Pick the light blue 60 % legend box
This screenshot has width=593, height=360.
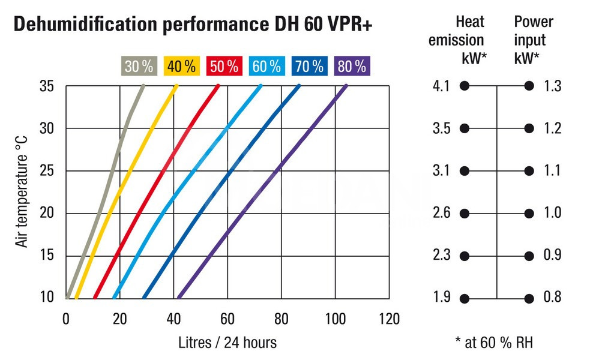point(267,66)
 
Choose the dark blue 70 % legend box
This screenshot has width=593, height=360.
point(310,66)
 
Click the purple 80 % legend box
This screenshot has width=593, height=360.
point(352,66)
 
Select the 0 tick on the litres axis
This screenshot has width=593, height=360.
point(66,318)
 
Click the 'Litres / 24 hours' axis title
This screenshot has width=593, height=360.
point(227,343)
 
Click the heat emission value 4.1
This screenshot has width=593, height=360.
point(441,86)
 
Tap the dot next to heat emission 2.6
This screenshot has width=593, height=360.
point(464,214)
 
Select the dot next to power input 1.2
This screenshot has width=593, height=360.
point(529,128)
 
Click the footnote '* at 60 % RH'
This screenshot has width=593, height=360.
point(494,343)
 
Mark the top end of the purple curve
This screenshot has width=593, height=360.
point(346,86)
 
